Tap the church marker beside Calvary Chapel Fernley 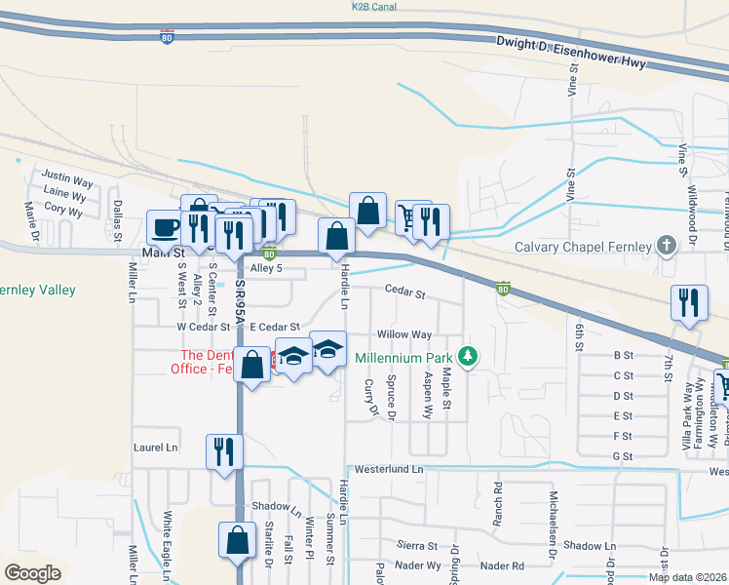tap(667, 246)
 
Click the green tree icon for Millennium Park tap(469, 357)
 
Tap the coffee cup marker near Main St tap(164, 228)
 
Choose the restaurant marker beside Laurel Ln tap(224, 451)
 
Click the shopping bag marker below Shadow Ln tap(238, 540)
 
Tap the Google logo tap(32, 572)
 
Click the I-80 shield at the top tap(169, 36)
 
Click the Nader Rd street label tap(503, 565)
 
